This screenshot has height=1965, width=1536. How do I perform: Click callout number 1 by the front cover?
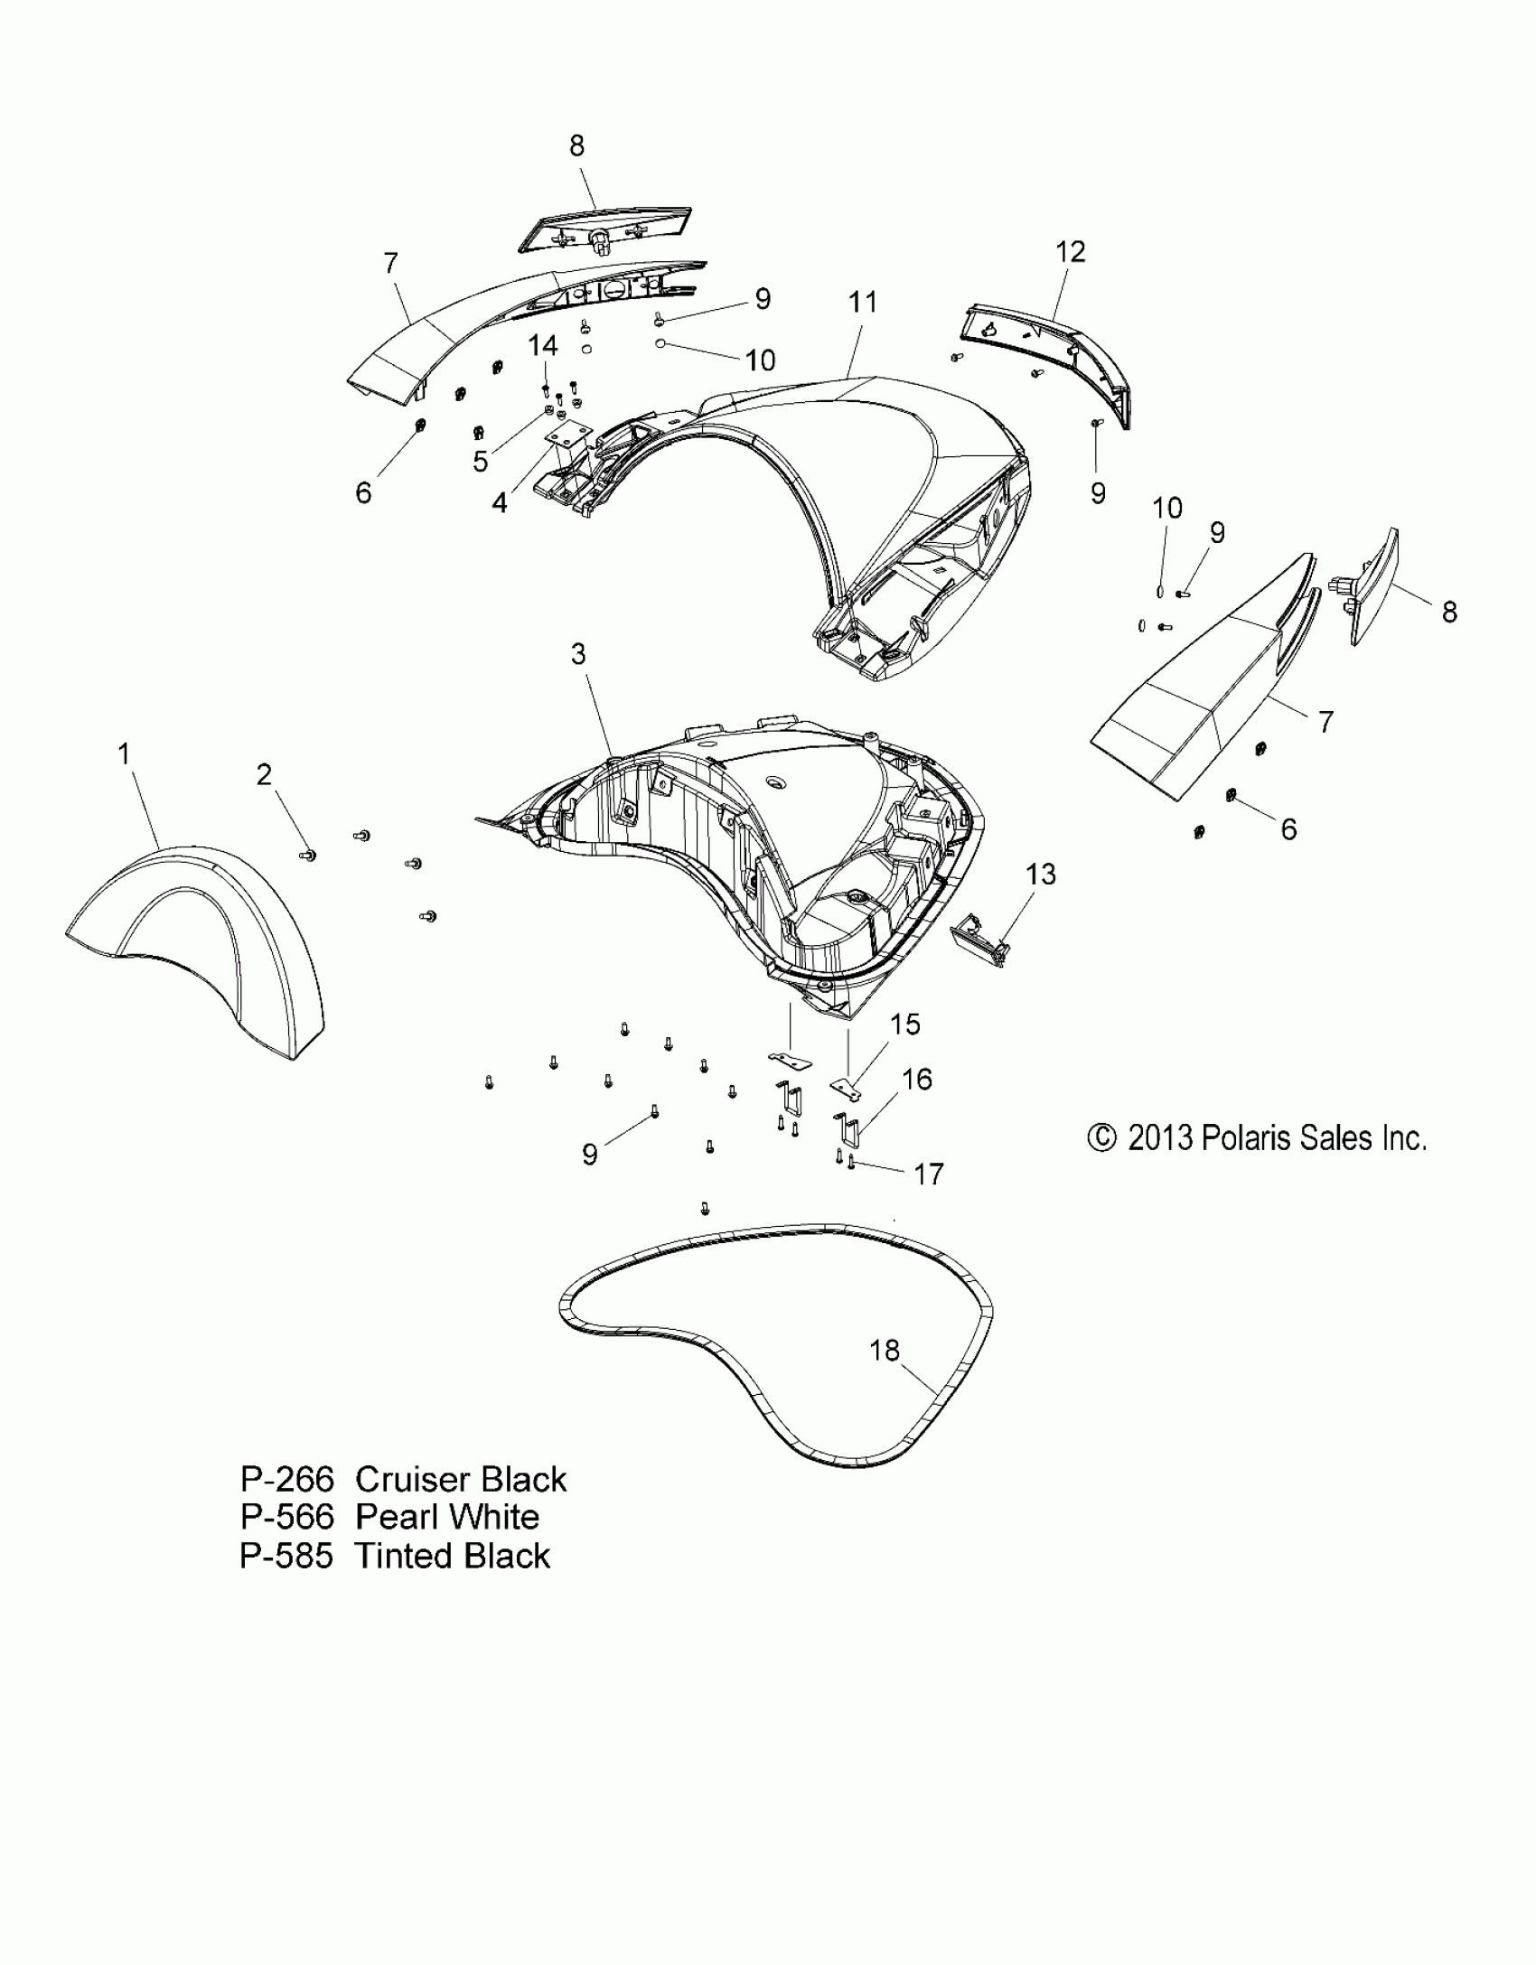(x=125, y=753)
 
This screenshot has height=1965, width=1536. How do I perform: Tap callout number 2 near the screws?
(x=264, y=774)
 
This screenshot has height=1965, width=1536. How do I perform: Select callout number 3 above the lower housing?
(x=578, y=653)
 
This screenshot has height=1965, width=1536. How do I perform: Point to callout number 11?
(x=863, y=302)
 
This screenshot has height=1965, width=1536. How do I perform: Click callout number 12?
(x=1070, y=251)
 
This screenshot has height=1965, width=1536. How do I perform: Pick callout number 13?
(x=1041, y=874)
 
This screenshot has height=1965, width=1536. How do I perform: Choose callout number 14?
(x=543, y=345)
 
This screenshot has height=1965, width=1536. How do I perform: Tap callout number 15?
(x=904, y=1024)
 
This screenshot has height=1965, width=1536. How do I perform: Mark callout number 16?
(x=916, y=1079)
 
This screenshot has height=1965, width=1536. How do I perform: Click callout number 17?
(x=929, y=1174)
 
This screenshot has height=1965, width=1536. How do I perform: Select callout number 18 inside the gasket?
(x=885, y=1375)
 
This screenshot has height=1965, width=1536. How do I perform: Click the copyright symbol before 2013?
(x=1101, y=1138)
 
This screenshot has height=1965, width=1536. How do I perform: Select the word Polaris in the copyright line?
(x=1246, y=1138)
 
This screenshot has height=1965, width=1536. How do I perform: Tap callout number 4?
(x=499, y=503)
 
